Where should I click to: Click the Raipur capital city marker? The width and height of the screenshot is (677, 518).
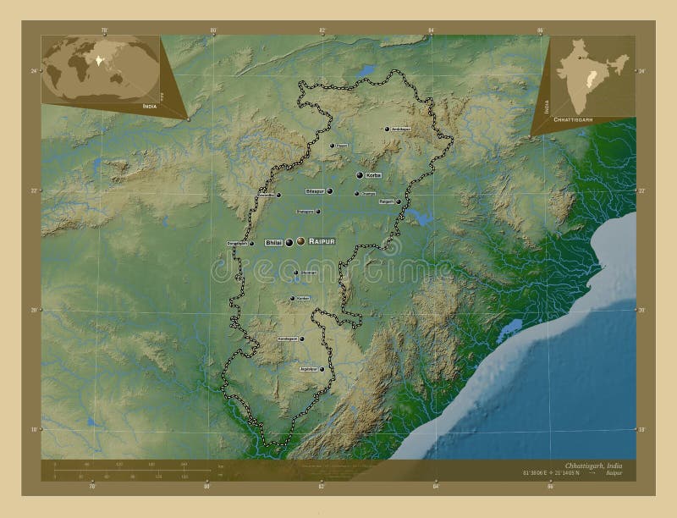click(x=300, y=242)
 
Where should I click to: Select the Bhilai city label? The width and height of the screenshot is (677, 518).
click(x=273, y=243)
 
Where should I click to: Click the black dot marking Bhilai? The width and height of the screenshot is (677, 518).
click(x=289, y=243)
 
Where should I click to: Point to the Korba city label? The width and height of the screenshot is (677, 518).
click(x=374, y=175)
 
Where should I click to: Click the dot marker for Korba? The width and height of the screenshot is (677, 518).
click(x=360, y=175)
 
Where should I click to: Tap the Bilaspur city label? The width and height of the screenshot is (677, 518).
click(x=314, y=191)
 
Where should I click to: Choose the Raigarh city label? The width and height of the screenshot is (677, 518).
click(x=387, y=201)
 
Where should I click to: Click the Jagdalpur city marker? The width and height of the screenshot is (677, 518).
click(x=322, y=369)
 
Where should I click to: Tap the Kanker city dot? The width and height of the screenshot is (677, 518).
click(x=293, y=298)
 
